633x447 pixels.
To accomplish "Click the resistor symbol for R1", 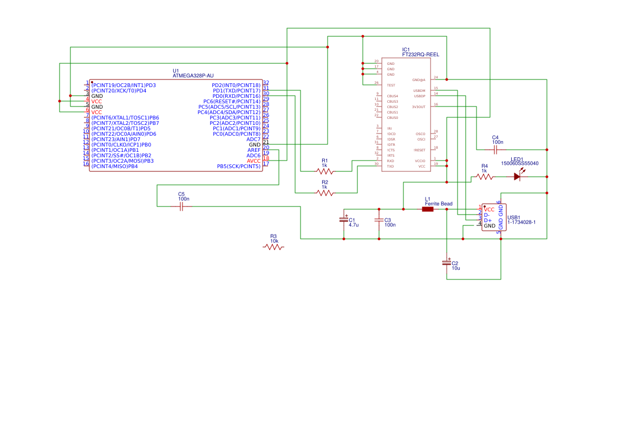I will pos(325,171).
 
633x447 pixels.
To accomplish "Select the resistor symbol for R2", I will pos(325,193).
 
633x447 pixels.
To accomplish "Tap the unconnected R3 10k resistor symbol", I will pos(273,247).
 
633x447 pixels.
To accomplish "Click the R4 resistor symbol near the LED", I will pos(484,177).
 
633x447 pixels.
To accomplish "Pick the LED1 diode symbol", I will pos(518,176).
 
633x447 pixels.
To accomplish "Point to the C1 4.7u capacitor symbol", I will pos(343,219).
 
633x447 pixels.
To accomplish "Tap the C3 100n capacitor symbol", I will pos(379,219).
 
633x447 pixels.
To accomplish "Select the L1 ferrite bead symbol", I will pos(428,209).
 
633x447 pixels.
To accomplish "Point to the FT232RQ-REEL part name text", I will pos(420,55).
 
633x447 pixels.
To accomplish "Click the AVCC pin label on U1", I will pos(253,161).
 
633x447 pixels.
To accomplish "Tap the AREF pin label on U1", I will pos(253,150).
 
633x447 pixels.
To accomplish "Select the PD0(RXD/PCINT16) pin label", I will pos(236,96).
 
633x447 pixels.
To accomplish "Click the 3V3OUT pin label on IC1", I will pos(419,107).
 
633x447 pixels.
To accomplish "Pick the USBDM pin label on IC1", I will pos(419,91).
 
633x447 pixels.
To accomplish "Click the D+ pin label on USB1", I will pos(487,221).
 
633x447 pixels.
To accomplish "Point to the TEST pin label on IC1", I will pos(390,85).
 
